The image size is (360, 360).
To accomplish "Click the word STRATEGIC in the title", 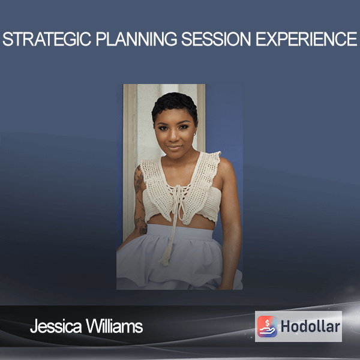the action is pos(47,39).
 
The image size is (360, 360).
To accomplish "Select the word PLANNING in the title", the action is pos(136,39).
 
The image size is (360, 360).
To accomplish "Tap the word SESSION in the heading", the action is pos(216,39).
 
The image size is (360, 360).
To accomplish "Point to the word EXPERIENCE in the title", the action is pos(306,39).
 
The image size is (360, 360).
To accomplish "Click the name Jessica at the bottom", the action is pos(56,326).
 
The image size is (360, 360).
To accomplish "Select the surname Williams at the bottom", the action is pos(115,326).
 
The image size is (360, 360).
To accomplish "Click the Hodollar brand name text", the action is pos(310,326).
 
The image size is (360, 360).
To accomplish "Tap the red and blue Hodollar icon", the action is pos(267,326).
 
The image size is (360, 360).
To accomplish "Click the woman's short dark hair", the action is pos(175,104).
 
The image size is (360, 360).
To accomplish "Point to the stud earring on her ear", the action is pos(195,133).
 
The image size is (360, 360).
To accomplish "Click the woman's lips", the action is pos(174,147).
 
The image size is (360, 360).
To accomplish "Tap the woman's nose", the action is pos(174,136).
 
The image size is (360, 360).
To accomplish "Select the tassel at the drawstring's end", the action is pos(166,255).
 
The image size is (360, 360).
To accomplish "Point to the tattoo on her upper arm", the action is pos(139,181).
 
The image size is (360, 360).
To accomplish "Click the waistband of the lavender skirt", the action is pos(181,231).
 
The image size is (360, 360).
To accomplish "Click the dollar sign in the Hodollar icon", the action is pos(267,323).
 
